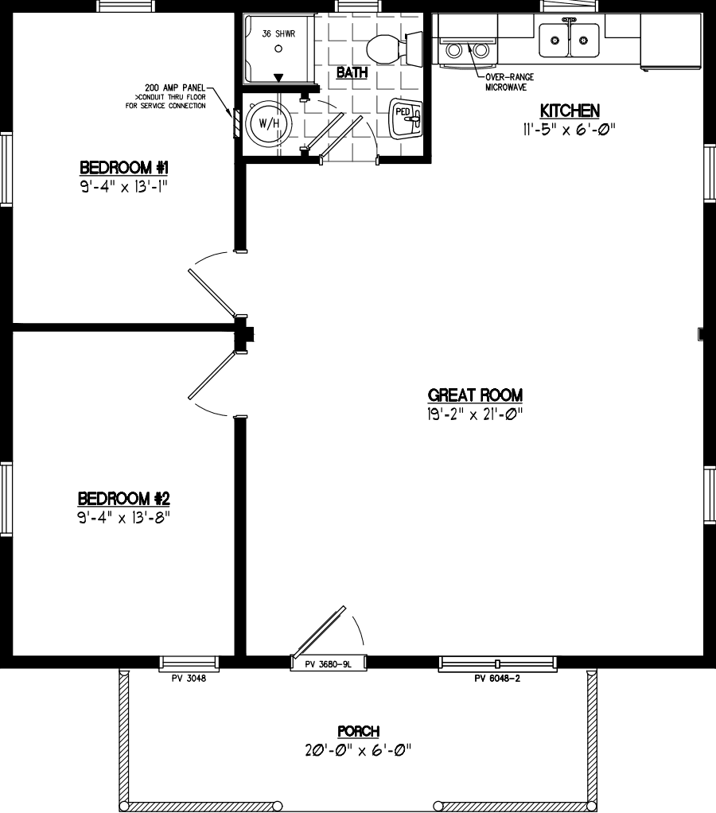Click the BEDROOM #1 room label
[x=124, y=168]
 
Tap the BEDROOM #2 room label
[x=124, y=499]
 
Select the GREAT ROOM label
[x=475, y=395]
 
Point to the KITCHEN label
[x=570, y=111]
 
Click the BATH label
[x=352, y=73]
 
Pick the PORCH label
[x=358, y=731]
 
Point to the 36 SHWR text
[x=278, y=34]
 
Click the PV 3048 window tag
[x=189, y=679]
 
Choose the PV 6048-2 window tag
[x=496, y=679]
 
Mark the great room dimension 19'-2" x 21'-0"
[x=475, y=413]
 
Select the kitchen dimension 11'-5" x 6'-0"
[x=570, y=130]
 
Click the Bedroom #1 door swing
[x=211, y=285]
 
